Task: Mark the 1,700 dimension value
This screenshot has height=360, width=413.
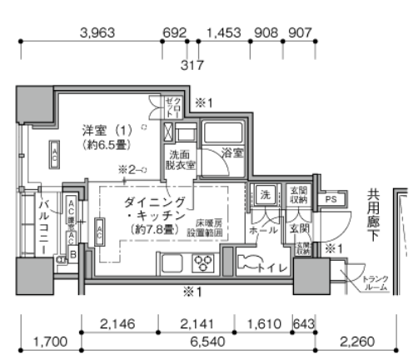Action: (49, 340)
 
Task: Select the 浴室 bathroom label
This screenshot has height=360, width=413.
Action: (231, 153)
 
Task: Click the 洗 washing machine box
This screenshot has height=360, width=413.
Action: (264, 196)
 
